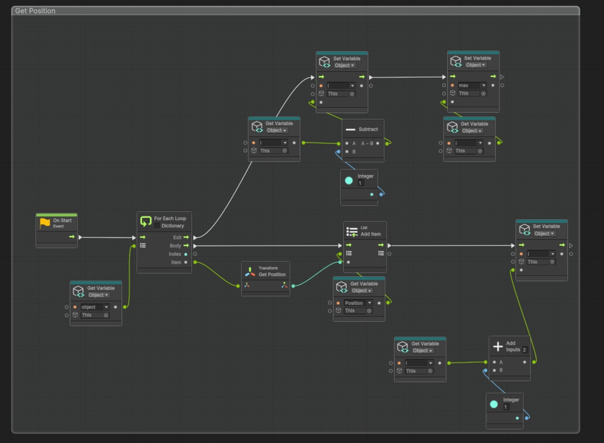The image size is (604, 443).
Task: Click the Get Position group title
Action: pos(35,11)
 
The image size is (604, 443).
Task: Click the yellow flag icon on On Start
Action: pos(45,223)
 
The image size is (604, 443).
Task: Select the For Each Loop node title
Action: pos(170,219)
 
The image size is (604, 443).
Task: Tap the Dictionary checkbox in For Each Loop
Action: pos(157,226)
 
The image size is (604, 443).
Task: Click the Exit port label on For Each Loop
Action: pos(177,237)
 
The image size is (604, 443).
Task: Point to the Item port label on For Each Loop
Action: pos(176,262)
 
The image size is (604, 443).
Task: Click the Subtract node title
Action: pos(368,129)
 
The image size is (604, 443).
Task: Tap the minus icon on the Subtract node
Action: pos(350,129)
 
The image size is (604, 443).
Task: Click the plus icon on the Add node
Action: pos(497,346)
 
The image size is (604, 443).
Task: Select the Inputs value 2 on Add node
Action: pos(524,350)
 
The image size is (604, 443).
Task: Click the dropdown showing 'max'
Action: pos(472,85)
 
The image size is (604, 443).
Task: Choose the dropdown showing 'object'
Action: pos(95,307)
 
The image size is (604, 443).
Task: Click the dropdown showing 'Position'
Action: pos(358,303)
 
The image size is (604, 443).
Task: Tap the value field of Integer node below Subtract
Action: pos(360,183)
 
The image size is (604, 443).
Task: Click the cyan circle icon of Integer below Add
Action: pos(494,404)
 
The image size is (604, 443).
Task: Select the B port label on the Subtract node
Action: pos(354,152)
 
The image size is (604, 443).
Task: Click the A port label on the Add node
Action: pos(501,362)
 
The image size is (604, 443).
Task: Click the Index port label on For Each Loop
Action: pos(175,254)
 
